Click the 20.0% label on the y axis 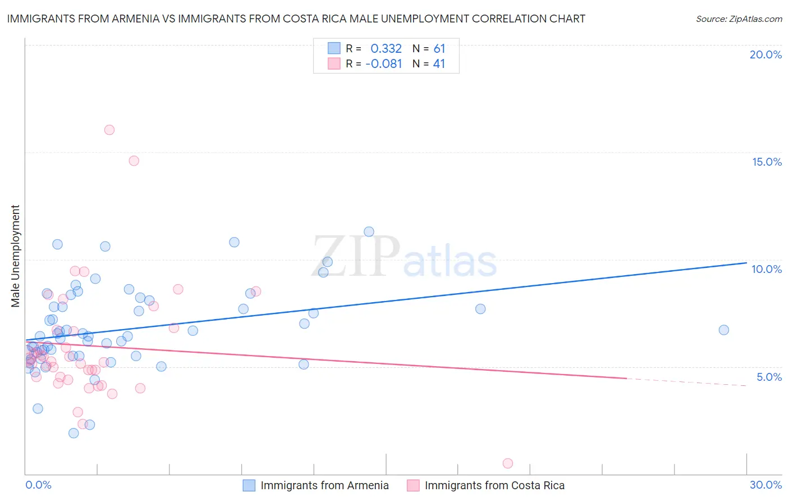pos(765,54)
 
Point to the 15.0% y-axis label pos(767,162)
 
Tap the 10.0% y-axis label pos(767,269)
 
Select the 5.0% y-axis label pos(769,377)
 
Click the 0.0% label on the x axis pos(38,485)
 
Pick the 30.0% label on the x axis pos(765,485)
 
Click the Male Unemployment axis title pos(15,256)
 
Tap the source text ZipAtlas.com pos(738,19)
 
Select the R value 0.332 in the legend pos(386,49)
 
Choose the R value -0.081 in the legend pos(384,64)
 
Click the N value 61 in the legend pos(439,49)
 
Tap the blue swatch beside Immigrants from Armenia pos(249,485)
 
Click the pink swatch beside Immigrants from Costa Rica pos(413,485)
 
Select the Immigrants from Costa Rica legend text pos(494,485)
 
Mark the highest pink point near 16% pos(109,130)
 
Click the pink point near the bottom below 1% pos(508,463)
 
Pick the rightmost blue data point pos(724,330)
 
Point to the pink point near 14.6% pos(134,161)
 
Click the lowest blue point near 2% pos(74,433)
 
